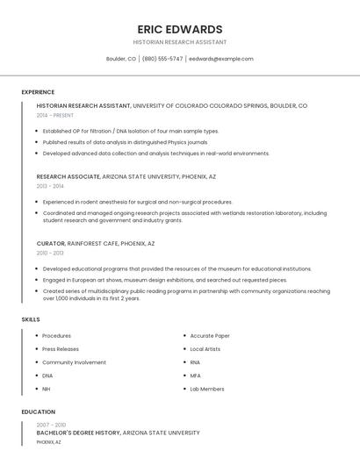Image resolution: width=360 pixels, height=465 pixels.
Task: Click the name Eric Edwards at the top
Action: (179, 29)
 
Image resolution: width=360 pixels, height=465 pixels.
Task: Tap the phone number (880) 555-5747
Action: (162, 59)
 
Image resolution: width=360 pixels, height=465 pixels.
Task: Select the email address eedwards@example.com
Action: (221, 59)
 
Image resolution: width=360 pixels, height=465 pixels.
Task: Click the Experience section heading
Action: (38, 92)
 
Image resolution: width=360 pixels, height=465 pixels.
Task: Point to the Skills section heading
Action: (31, 319)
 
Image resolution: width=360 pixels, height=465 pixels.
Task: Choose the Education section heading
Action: (38, 411)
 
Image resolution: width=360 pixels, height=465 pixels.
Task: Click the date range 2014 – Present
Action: (55, 115)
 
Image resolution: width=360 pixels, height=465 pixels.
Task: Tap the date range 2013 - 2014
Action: (50, 186)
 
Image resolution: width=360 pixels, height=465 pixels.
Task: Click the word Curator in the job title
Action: (51, 243)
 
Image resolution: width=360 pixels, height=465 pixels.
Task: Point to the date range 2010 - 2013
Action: (50, 253)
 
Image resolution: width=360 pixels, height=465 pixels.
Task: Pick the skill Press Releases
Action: (61, 349)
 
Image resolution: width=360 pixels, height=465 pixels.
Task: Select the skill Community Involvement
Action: (74, 362)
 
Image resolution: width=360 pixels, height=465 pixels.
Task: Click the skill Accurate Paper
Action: (210, 336)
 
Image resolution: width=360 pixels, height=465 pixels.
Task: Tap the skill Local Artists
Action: (205, 349)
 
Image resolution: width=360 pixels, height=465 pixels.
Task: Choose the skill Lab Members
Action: (207, 389)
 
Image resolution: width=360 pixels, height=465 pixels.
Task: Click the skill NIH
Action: (47, 389)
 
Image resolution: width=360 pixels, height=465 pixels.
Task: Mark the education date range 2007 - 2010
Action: (51, 424)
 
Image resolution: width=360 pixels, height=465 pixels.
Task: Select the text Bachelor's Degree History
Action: (78, 433)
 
